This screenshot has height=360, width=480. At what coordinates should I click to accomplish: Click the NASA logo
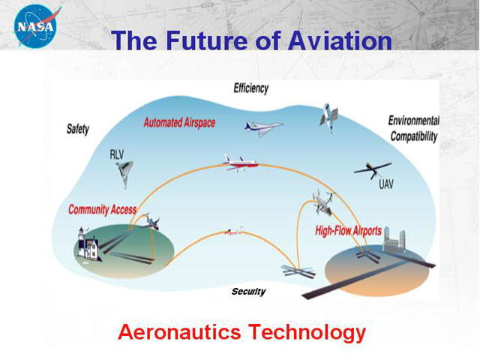(36, 26)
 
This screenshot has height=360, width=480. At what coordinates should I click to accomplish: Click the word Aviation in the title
(340, 40)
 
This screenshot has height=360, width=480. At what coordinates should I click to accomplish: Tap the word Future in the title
(206, 40)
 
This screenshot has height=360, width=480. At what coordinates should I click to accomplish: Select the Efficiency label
(251, 88)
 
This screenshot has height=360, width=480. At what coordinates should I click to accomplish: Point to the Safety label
(78, 129)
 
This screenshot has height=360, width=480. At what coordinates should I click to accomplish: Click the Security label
(248, 291)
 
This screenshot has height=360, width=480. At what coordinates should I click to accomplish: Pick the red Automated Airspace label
(179, 123)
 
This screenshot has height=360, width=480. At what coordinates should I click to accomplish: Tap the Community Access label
(102, 210)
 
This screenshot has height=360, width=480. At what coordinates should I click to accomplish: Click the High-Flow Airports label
(348, 230)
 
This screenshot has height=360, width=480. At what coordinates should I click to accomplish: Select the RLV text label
(116, 154)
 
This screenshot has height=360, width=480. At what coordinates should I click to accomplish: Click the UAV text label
(386, 184)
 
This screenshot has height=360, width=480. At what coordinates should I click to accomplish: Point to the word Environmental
(413, 120)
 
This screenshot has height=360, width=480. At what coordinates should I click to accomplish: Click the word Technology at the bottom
(307, 333)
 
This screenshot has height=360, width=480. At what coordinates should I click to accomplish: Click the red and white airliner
(240, 163)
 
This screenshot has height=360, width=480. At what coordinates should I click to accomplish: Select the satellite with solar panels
(328, 117)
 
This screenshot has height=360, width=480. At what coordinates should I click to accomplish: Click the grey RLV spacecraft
(124, 173)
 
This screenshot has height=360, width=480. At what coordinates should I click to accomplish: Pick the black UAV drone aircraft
(373, 170)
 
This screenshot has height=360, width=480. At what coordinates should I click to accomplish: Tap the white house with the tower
(88, 244)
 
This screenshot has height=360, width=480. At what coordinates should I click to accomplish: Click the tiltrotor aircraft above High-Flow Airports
(323, 202)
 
